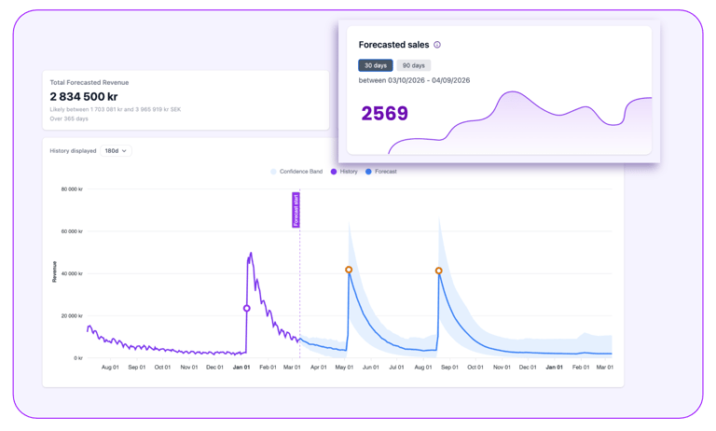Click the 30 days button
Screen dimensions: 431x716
pyautogui.click(x=375, y=65)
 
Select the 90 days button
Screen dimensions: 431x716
pyautogui.click(x=413, y=65)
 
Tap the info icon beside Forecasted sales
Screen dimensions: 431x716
pyautogui.click(x=437, y=45)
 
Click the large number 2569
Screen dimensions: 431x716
pyautogui.click(x=384, y=114)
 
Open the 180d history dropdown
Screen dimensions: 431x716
pyautogui.click(x=116, y=150)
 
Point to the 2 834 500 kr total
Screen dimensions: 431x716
pyautogui.click(x=84, y=97)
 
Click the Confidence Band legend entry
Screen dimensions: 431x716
pyautogui.click(x=296, y=172)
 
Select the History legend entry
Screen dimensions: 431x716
pyautogui.click(x=344, y=172)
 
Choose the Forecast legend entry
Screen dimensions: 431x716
pyautogui.click(x=381, y=172)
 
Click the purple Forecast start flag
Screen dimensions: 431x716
pyautogui.click(x=296, y=209)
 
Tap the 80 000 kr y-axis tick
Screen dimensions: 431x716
pyautogui.click(x=72, y=189)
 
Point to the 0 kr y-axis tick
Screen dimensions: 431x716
pyautogui.click(x=78, y=358)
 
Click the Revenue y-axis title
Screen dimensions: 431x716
pyautogui.click(x=54, y=271)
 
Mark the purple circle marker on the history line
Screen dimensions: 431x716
pyautogui.click(x=247, y=308)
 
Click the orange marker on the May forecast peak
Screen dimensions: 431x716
pyautogui.click(x=349, y=270)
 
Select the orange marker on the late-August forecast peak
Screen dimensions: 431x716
pyautogui.click(x=439, y=271)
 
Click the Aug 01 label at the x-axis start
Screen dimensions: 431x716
pyautogui.click(x=110, y=368)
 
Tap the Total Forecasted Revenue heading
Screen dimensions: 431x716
pyautogui.click(x=89, y=82)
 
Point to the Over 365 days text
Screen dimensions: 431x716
pyautogui.click(x=69, y=118)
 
